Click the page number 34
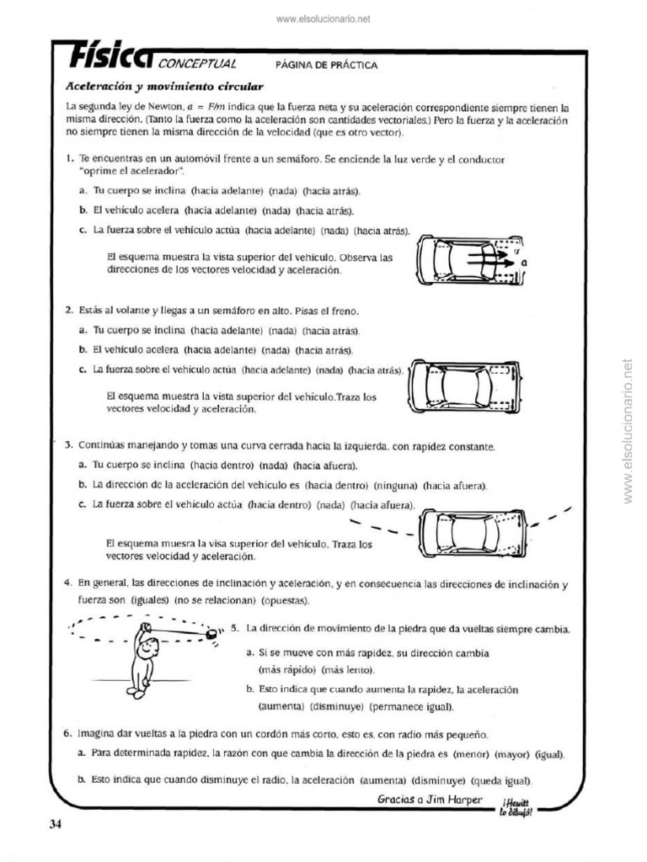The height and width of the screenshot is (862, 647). click(x=56, y=824)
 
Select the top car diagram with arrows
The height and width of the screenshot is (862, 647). click(x=466, y=259)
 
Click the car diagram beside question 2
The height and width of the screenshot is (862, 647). click(x=463, y=386)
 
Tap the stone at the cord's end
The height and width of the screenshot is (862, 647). click(x=211, y=631)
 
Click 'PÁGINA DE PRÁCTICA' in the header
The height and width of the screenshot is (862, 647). click(x=326, y=65)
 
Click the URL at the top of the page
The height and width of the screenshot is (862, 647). click(x=323, y=19)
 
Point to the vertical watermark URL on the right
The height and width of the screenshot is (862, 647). click(x=627, y=431)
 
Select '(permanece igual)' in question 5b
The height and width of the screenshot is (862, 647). click(x=415, y=706)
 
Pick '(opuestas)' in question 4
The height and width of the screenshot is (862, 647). click(x=286, y=600)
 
